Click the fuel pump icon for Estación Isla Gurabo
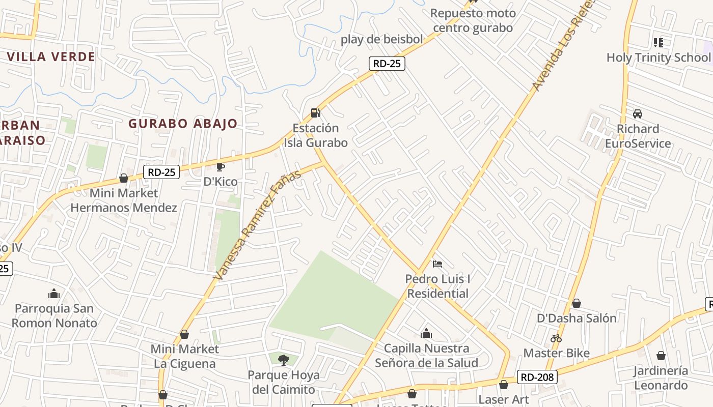[x=316, y=112]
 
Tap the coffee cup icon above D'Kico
[x=221, y=167]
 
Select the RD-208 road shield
[x=537, y=377]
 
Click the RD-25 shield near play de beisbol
[x=387, y=63]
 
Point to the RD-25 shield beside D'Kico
[x=161, y=172]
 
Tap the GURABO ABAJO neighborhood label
[x=183, y=123]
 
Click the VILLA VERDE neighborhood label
[x=51, y=56]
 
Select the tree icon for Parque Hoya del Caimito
[x=284, y=360]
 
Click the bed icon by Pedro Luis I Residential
[x=437, y=264]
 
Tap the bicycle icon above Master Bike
[x=556, y=338]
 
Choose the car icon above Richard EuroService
[x=638, y=113]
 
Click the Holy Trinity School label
[x=658, y=57]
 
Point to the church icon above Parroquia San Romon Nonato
[x=54, y=294]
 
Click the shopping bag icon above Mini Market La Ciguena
[x=184, y=334]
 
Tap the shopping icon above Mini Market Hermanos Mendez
[x=123, y=178]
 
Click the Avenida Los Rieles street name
[x=563, y=47]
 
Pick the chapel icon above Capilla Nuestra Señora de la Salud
[x=426, y=333]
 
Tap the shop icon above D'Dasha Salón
[x=577, y=303]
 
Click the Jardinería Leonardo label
[x=661, y=377]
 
